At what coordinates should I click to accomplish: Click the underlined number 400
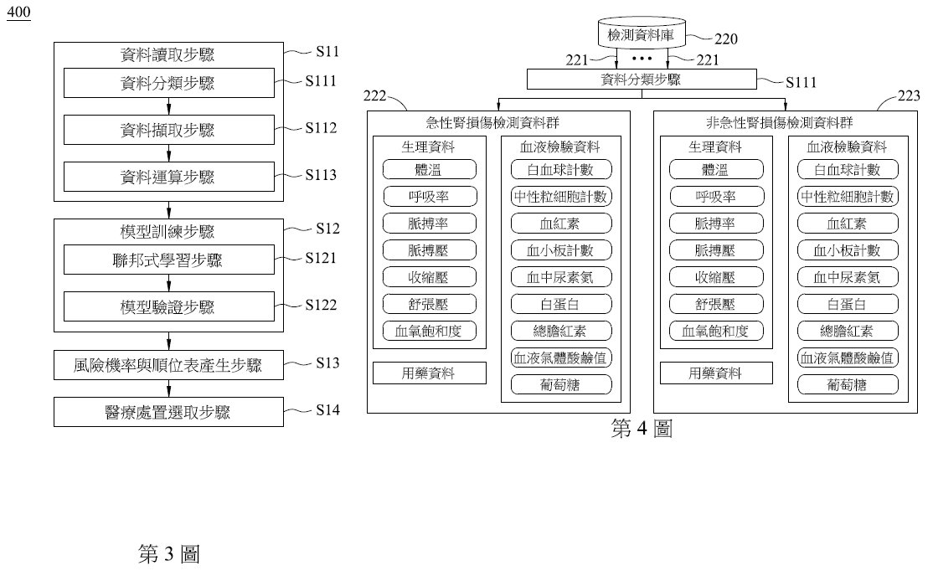click(x=18, y=13)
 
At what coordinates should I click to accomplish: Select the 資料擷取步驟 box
click(x=169, y=130)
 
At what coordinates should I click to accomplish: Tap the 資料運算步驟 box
click(x=169, y=177)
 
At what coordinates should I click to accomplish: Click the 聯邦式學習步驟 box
click(x=169, y=260)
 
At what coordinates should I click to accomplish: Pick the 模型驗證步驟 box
click(x=169, y=306)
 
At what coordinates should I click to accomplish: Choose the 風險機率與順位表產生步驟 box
click(x=168, y=364)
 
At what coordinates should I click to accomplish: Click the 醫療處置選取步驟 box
click(x=168, y=412)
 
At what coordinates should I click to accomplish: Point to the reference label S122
click(x=321, y=305)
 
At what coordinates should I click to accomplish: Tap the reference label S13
click(x=327, y=363)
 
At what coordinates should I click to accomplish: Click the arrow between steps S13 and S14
click(x=169, y=388)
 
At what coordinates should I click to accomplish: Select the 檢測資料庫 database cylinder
click(x=642, y=33)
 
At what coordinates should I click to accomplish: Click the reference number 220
click(x=726, y=39)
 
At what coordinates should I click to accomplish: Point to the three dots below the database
click(x=642, y=59)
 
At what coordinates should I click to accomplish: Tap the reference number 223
click(x=909, y=95)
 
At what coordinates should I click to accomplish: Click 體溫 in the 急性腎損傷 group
click(x=429, y=169)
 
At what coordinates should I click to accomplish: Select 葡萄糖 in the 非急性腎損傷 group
click(x=848, y=385)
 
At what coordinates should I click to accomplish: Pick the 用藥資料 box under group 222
click(x=429, y=373)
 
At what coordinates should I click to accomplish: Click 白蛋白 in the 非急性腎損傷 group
click(x=848, y=304)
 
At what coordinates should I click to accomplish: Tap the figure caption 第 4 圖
click(x=642, y=429)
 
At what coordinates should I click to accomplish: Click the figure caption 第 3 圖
click(x=169, y=553)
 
